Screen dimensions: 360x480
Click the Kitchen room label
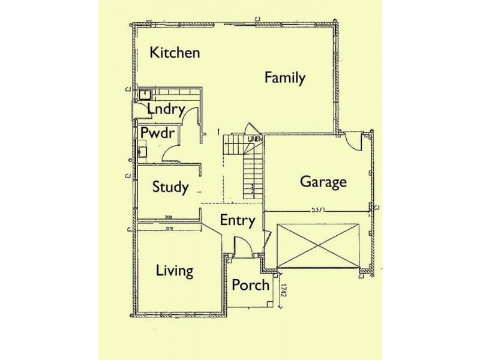coord(175,52)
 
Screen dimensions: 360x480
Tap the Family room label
coord(285,77)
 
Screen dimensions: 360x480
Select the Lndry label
coord(165,110)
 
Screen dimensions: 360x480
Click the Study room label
coord(170,187)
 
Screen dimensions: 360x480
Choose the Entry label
coord(237,220)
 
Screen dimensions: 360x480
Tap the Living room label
coord(175,271)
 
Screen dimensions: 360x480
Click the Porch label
coord(250,284)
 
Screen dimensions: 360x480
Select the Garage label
coord(323,181)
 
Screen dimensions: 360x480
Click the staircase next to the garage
coord(245,168)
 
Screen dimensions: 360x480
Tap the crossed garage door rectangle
coord(318,245)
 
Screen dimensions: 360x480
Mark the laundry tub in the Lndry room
coord(144,94)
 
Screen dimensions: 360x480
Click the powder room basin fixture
coord(142,151)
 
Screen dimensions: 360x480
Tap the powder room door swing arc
coord(170,153)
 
